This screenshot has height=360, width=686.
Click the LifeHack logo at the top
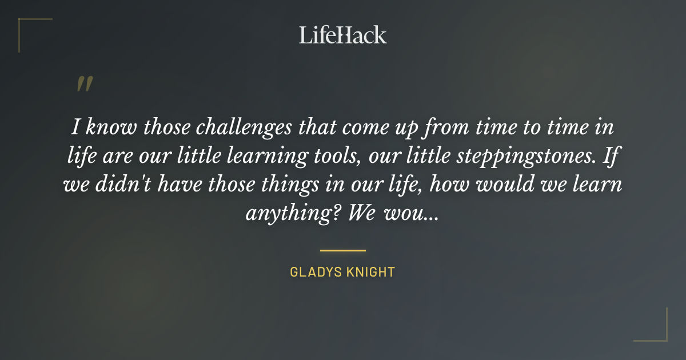[343, 35]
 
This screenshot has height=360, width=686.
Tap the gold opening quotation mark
[85, 84]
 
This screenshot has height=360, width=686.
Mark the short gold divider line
[343, 250]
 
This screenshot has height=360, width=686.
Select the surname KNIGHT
[370, 272]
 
